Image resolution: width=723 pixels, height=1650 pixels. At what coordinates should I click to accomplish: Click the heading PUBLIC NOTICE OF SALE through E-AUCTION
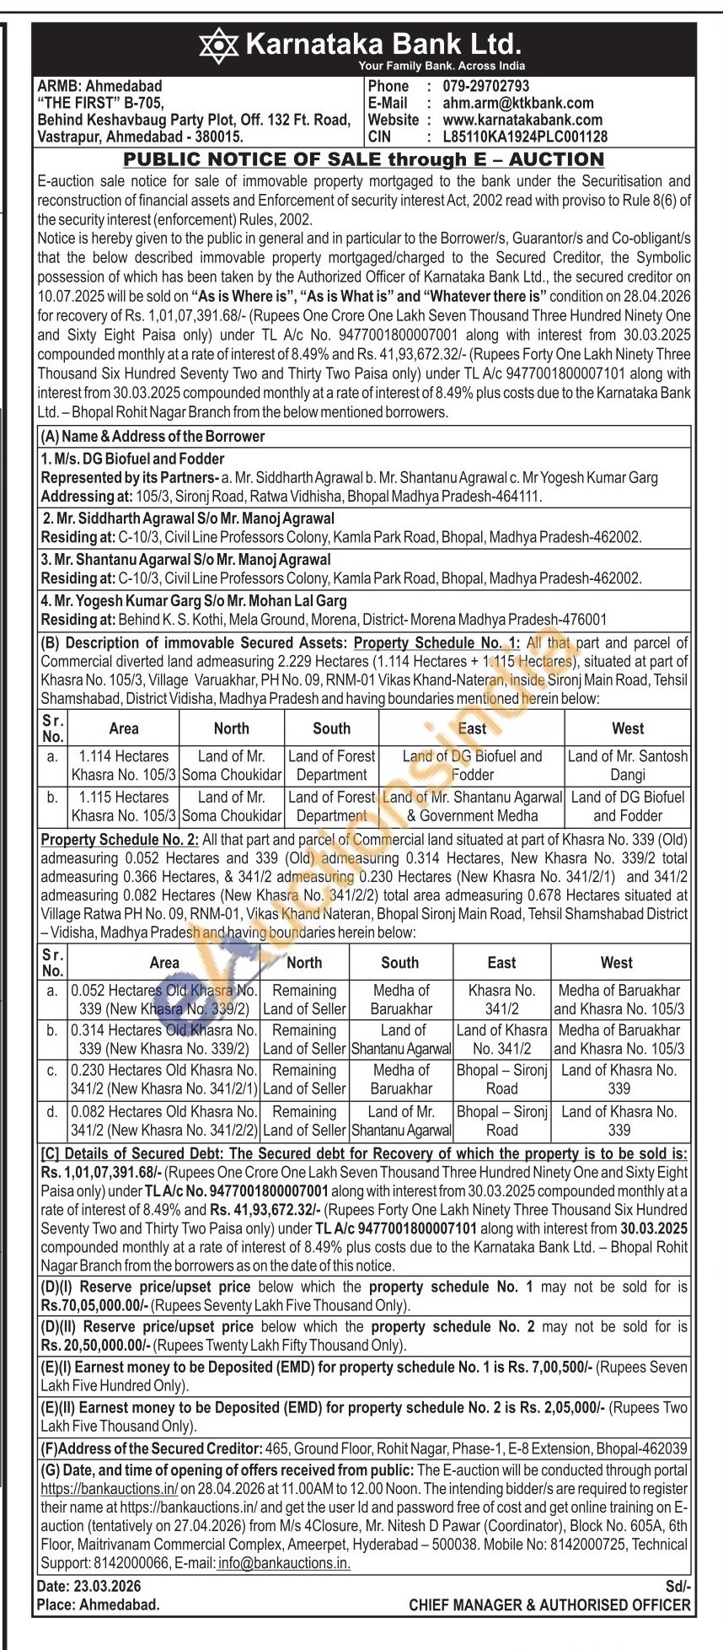[363, 159]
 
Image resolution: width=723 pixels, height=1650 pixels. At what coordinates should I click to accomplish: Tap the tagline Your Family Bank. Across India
[441, 66]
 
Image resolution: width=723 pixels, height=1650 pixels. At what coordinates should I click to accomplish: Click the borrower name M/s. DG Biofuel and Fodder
[132, 459]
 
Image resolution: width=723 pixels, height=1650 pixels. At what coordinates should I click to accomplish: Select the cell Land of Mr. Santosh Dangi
[627, 766]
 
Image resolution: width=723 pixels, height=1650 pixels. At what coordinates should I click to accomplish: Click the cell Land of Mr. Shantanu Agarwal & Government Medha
[472, 806]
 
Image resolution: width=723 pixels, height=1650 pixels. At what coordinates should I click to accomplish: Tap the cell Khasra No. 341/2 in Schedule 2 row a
[501, 999]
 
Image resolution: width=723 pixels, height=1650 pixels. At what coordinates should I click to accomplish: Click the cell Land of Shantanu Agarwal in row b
[400, 1040]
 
